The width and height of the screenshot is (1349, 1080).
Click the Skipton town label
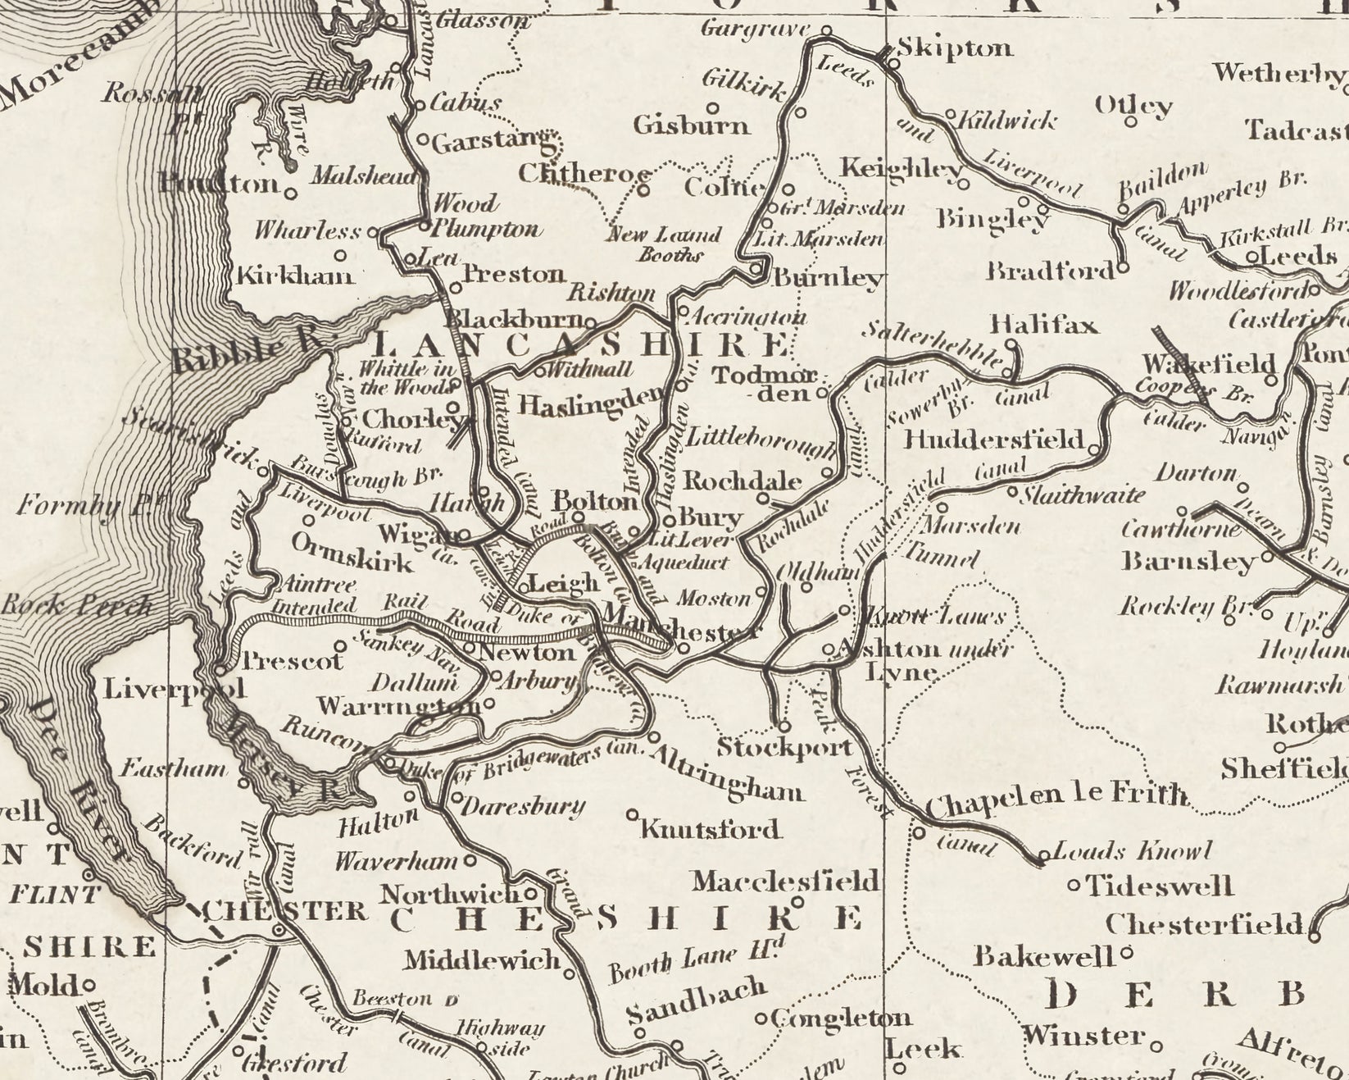pyautogui.click(x=955, y=48)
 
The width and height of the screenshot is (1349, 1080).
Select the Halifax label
pyautogui.click(x=1043, y=326)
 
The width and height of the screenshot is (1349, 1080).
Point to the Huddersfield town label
pyautogui.click(x=993, y=440)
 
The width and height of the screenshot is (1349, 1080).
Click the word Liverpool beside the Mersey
pyautogui.click(x=174, y=689)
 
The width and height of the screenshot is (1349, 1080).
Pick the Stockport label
pyautogui.click(x=784, y=748)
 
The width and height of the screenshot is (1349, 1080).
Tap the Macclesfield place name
pyautogui.click(x=785, y=882)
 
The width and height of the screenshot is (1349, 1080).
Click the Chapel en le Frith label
pyautogui.click(x=1056, y=795)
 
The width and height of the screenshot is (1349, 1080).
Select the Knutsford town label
pyautogui.click(x=710, y=830)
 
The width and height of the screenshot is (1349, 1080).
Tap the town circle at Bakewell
pyautogui.click(x=1126, y=954)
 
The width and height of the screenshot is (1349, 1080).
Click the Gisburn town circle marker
pyautogui.click(x=713, y=107)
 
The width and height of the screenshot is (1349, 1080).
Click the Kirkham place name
pyautogui.click(x=295, y=276)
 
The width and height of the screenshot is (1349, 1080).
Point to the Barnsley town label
pyautogui.click(x=1188, y=563)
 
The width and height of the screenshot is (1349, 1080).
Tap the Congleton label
pyautogui.click(x=842, y=1018)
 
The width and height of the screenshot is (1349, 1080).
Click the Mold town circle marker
pyautogui.click(x=88, y=984)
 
